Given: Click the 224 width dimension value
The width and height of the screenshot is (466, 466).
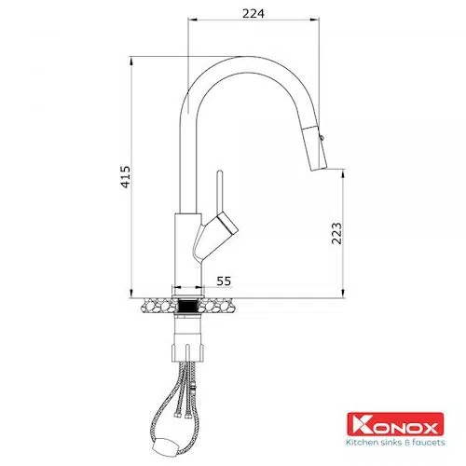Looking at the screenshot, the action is [254, 13].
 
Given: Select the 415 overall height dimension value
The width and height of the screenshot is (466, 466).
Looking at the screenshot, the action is [126, 177].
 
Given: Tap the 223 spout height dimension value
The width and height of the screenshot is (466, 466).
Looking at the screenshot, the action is [336, 233].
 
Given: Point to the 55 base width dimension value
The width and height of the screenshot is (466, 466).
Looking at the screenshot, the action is [224, 281].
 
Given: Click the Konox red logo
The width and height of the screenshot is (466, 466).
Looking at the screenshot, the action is [395, 424].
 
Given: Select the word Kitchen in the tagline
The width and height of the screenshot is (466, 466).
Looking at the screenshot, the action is [362, 442].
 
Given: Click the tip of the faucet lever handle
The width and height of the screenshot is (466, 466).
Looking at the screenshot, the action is [220, 171].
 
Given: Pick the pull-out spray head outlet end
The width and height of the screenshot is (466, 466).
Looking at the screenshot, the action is [320, 168].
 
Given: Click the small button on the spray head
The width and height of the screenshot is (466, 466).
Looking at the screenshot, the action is [322, 136].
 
